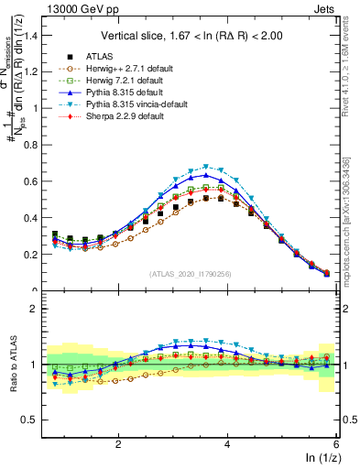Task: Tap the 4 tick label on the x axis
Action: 227,442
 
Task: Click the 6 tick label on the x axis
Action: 336,442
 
